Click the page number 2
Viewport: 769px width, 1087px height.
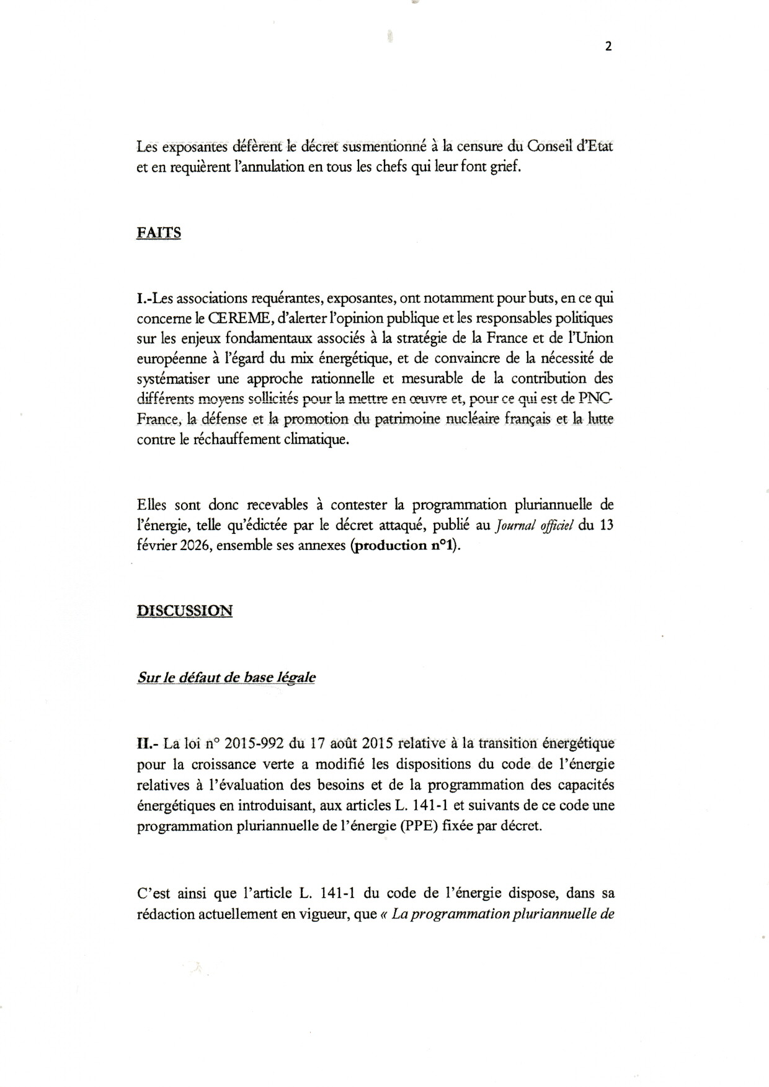(x=608, y=46)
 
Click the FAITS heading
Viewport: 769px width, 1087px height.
(x=158, y=233)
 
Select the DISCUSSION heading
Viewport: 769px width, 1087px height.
(x=184, y=610)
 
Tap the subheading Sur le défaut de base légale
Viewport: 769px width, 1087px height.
(x=226, y=677)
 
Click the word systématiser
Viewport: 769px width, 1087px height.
(x=173, y=379)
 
